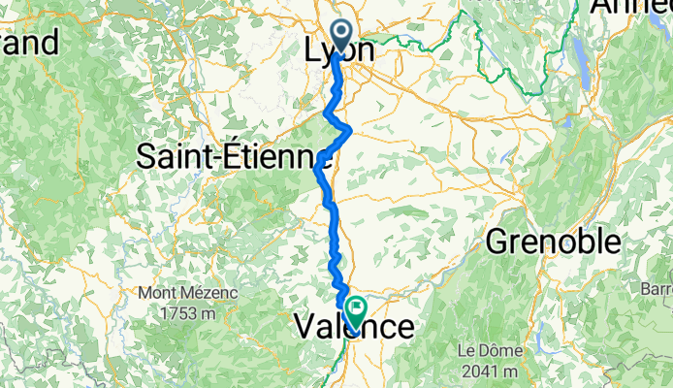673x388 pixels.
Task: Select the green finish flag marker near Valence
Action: tap(356, 311)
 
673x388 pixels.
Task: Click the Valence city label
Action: tap(353, 328)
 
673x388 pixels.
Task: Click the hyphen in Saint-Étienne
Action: tap(229, 158)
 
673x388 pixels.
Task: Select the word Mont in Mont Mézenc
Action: tap(154, 292)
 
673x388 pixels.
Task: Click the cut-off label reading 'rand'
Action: tap(29, 42)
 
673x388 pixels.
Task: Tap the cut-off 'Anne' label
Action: tap(633, 8)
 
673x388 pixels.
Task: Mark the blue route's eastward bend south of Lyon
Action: tap(347, 129)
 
